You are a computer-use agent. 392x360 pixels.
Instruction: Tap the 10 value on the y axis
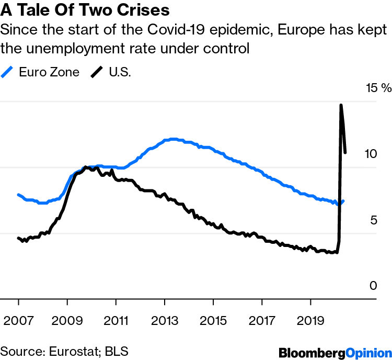[370, 154]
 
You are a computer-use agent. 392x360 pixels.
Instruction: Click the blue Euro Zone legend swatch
[8, 72]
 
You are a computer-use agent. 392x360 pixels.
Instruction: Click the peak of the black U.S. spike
[341, 105]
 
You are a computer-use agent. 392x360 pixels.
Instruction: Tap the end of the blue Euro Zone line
[343, 201]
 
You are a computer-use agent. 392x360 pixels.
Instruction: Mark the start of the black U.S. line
[18, 238]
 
